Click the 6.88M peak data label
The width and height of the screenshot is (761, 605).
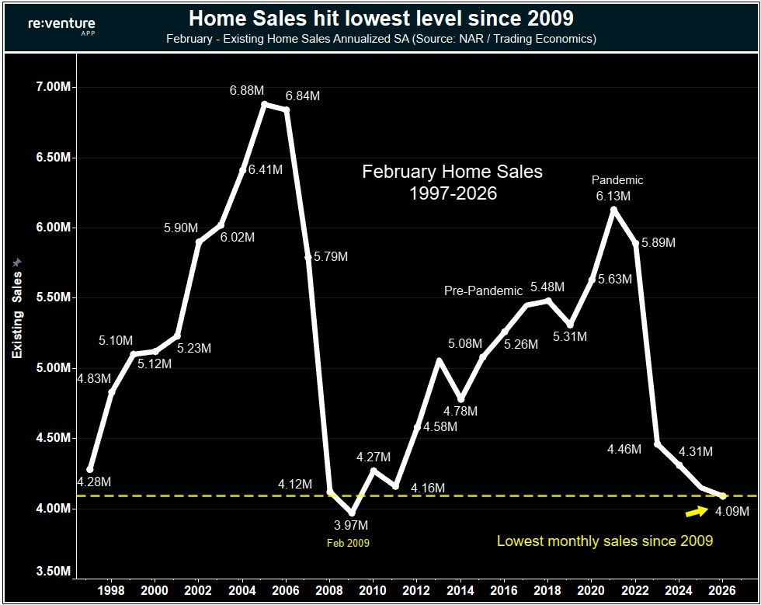pos(246,91)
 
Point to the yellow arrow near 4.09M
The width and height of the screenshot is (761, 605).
pos(696,511)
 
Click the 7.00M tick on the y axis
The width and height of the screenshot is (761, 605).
pos(50,88)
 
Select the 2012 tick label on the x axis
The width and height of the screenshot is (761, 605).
pos(417,589)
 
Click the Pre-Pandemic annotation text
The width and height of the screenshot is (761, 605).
pos(483,291)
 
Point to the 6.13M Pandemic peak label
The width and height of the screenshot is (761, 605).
pos(613,196)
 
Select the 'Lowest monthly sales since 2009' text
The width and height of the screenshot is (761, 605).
pos(605,541)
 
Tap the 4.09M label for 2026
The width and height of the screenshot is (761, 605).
pos(731,512)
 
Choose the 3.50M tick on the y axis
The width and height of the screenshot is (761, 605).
pos(50,572)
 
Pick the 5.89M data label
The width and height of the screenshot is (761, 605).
pos(658,243)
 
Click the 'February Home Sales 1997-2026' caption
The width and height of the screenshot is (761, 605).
pos(453,182)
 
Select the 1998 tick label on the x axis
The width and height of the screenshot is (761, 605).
pos(111,589)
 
